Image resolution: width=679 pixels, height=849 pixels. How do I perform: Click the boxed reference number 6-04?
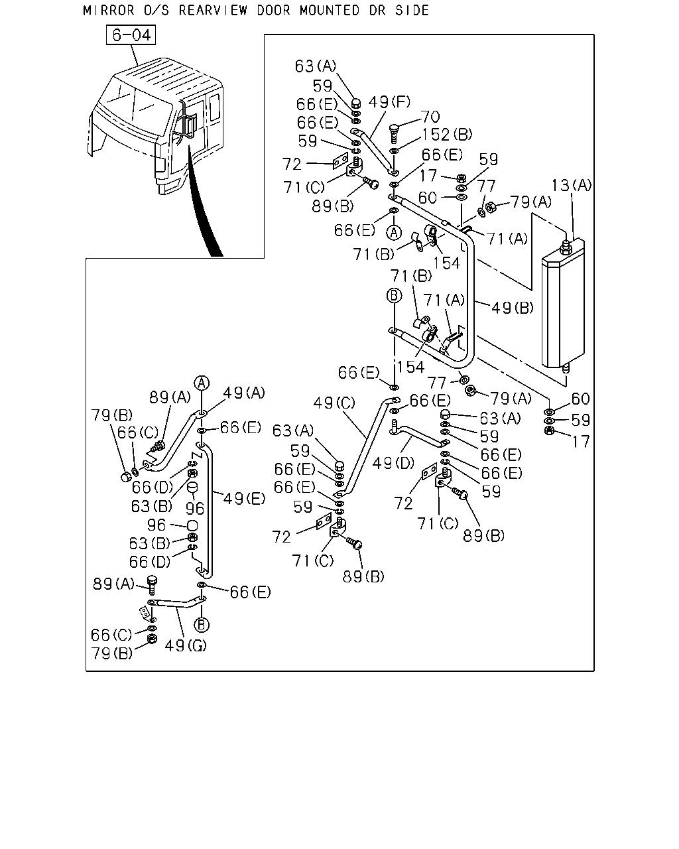tap(131, 34)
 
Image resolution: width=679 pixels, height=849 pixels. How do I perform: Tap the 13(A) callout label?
tap(571, 184)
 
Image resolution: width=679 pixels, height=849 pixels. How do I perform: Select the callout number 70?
tap(430, 116)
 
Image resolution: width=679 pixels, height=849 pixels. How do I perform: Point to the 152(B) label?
tap(447, 135)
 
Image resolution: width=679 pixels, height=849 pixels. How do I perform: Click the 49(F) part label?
tap(389, 102)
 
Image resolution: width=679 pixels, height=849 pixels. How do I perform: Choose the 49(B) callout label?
tap(512, 307)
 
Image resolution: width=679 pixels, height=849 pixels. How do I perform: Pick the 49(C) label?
tap(334, 403)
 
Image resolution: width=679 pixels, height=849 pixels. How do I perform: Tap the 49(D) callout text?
tap(393, 463)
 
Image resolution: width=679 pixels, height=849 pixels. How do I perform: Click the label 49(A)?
tap(244, 393)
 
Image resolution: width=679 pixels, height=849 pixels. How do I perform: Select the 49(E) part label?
tap(244, 499)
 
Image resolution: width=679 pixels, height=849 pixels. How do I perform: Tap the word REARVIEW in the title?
tap(213, 10)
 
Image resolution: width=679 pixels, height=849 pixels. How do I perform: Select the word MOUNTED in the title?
tap(330, 10)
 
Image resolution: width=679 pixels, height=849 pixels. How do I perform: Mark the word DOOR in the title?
tap(273, 10)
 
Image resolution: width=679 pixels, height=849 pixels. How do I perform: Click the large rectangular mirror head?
tap(563, 304)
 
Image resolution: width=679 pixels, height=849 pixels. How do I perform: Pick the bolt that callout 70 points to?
tap(393, 134)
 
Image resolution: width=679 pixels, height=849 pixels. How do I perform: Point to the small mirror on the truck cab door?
tap(190, 126)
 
